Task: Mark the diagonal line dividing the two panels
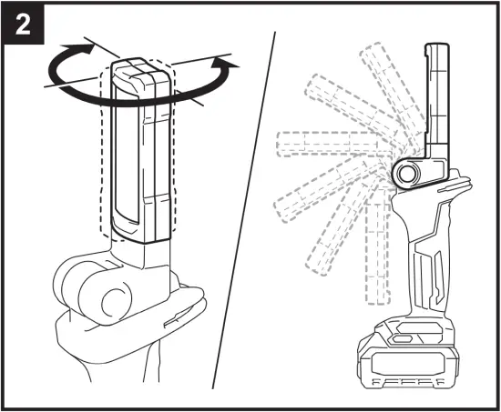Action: [x=246, y=200]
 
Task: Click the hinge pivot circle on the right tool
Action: [x=407, y=170]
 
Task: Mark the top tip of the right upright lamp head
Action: [x=439, y=46]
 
